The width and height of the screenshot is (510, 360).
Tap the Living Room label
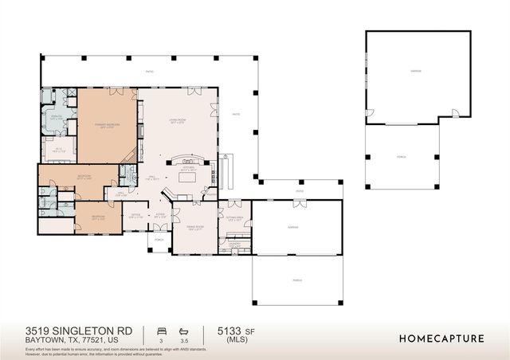[176, 121]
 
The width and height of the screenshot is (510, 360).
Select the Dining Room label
[195, 227]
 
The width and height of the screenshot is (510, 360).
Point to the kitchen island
[188, 178]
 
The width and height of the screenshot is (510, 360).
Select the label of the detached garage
[416, 72]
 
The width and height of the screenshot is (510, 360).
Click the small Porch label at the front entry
[159, 239]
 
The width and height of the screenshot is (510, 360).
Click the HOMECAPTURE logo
[441, 338]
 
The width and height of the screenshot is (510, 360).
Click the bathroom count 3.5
[185, 340]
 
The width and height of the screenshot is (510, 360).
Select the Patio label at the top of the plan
[149, 72]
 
